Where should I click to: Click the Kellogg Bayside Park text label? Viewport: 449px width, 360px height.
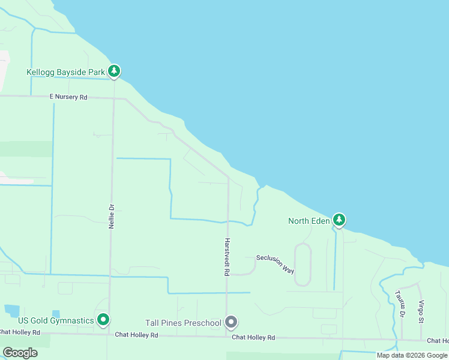(65, 72)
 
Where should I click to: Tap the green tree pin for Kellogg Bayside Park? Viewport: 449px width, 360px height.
(114, 71)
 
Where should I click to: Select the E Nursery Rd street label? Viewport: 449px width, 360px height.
(68, 97)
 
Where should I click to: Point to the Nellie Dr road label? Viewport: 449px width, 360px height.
(112, 217)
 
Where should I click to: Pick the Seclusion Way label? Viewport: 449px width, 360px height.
(276, 264)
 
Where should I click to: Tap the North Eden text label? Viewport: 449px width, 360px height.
(309, 221)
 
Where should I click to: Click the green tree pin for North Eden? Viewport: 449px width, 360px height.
(339, 220)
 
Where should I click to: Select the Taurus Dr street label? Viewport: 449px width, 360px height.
(398, 304)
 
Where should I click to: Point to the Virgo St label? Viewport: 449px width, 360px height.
(421, 311)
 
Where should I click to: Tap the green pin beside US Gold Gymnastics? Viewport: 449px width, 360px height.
(103, 320)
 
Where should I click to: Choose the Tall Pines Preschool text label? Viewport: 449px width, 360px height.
(184, 323)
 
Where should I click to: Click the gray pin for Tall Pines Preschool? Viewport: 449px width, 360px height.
(231, 323)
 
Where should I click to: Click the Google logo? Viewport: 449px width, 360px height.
(20, 352)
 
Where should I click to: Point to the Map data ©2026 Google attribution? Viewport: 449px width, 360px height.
(412, 355)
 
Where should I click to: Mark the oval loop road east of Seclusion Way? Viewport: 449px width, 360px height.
(303, 264)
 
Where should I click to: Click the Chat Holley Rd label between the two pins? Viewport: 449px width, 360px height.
(137, 335)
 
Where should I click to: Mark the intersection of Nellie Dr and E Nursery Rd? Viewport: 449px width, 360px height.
(114, 98)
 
